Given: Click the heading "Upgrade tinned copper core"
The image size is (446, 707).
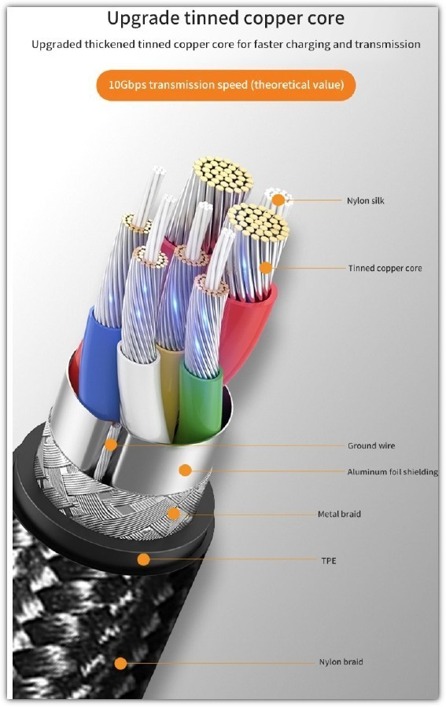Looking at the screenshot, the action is click(226, 19).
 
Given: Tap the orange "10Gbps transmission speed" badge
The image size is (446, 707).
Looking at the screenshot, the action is click(226, 85).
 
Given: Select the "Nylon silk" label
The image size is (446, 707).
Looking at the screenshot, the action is click(365, 200).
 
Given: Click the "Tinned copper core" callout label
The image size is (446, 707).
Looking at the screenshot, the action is click(385, 268).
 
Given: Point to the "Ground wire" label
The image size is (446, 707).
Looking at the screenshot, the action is click(371, 445).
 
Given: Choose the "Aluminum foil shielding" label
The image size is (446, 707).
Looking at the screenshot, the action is click(393, 471).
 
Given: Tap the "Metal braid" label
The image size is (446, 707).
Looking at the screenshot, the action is click(339, 514).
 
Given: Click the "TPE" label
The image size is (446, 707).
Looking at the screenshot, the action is click(329, 560).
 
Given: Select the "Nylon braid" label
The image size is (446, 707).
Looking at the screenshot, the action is click(341, 661).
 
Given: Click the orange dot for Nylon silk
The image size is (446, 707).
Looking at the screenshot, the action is click(278, 200).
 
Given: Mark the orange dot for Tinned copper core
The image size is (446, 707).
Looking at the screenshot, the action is click(266, 268).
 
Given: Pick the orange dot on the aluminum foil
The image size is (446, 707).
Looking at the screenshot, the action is click(185, 471).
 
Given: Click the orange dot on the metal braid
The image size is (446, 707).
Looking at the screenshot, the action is click(173, 513).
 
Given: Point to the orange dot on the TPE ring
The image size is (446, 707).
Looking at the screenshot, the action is click(143, 559).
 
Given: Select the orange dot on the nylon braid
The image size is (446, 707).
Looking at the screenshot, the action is click(120, 663).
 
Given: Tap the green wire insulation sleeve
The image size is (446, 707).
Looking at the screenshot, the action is click(199, 401).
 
